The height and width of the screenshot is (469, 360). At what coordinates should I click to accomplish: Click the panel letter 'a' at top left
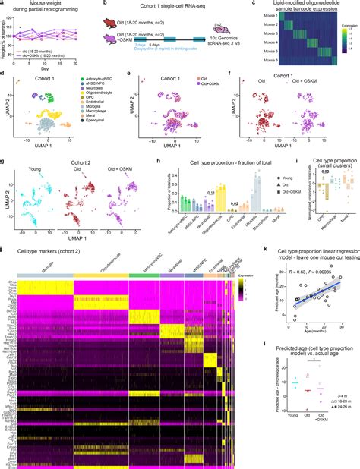[x=3, y=4]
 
